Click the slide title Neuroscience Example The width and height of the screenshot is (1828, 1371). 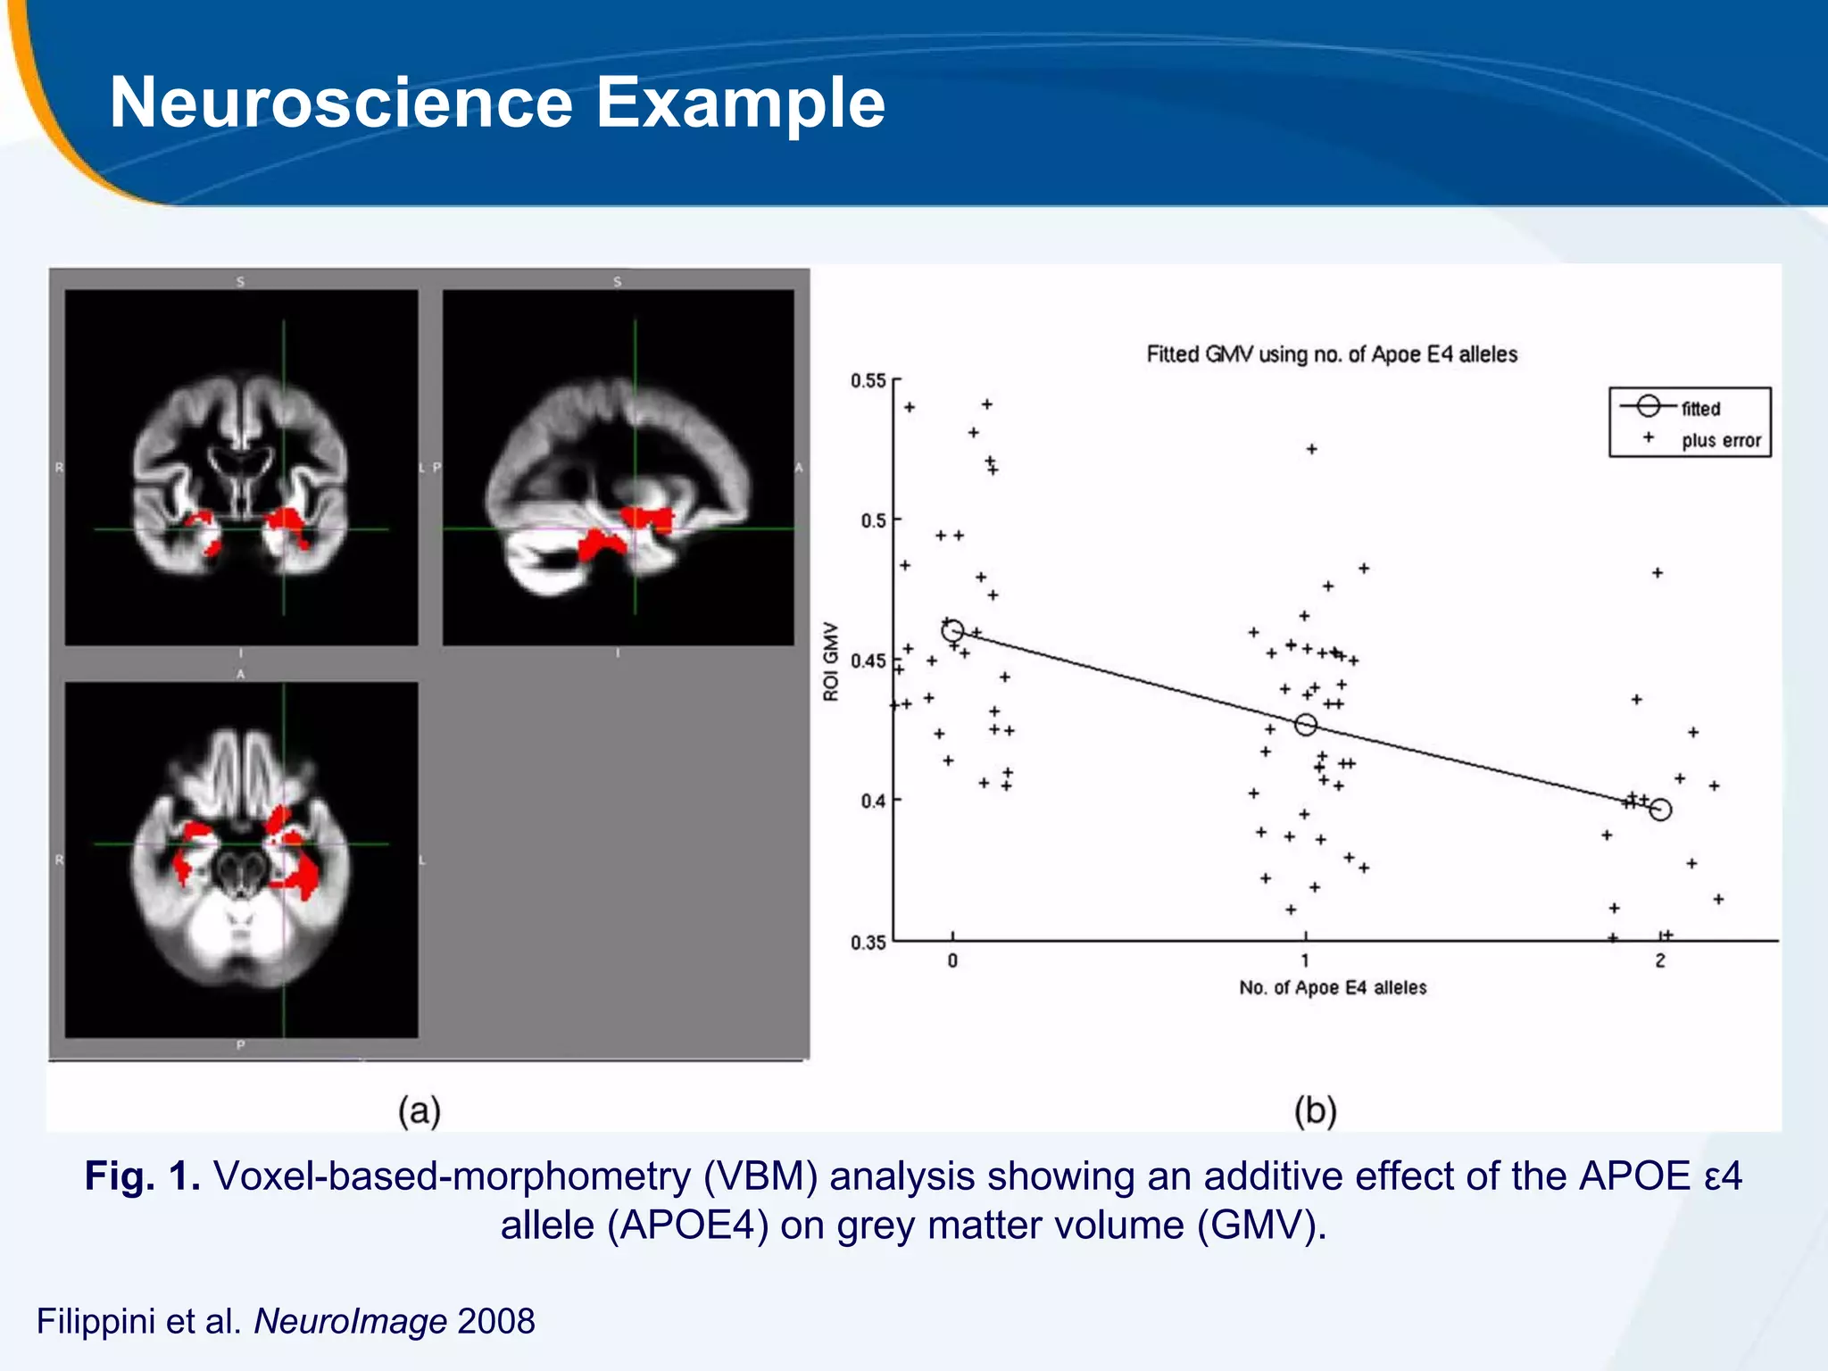(496, 103)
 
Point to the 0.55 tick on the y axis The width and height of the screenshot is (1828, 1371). (868, 381)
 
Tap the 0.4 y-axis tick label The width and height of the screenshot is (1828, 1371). (872, 801)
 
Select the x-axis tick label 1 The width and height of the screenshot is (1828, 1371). (1305, 961)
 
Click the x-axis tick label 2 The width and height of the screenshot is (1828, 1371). (1660, 961)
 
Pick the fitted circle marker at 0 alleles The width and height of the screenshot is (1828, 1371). (952, 630)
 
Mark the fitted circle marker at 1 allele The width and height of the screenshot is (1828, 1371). (1305, 724)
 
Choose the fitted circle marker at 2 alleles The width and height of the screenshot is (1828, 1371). (1660, 810)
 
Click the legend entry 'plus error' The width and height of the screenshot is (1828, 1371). (1720, 440)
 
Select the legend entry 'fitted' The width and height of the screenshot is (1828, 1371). (1700, 409)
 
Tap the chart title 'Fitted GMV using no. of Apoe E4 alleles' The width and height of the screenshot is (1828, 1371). (1332, 354)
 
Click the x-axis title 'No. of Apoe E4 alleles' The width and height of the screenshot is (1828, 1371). (1333, 987)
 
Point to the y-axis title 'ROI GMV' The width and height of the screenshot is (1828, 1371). (831, 661)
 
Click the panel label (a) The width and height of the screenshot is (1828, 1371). (420, 1111)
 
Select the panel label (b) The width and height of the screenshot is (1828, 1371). (1315, 1111)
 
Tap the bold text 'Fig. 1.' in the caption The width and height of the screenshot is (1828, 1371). (143, 1176)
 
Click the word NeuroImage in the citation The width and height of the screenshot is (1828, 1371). (350, 1321)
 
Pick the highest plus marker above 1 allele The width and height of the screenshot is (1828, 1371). (1311, 449)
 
